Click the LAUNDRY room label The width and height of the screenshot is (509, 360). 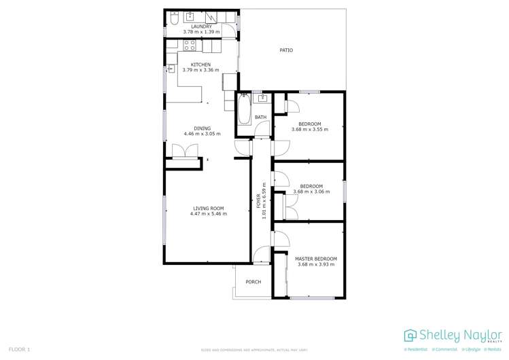201,26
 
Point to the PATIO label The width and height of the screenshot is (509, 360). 287,50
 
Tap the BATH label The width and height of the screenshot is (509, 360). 261,118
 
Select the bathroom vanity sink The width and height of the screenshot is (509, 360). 262,99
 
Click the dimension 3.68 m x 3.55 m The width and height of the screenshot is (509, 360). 310,129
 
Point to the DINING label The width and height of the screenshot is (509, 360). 202,128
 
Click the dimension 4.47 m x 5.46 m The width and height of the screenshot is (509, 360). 209,214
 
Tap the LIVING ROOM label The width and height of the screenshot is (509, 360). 209,208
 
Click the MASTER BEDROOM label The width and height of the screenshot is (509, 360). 315,259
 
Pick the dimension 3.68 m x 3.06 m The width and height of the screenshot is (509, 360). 311,192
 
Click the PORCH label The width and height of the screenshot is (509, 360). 253,282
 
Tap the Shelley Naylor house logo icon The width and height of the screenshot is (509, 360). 410,336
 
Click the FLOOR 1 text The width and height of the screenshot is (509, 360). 19,349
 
